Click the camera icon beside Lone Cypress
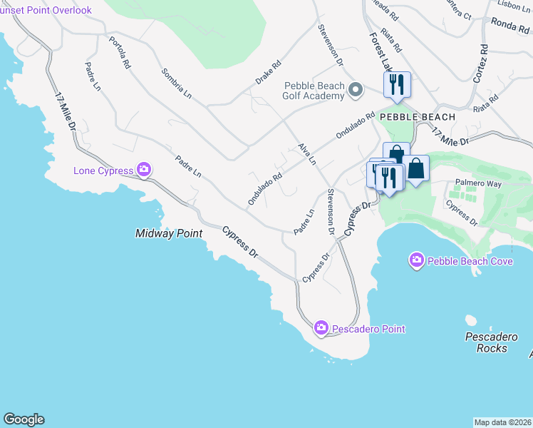pos(144,170)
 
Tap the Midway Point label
pos(169,233)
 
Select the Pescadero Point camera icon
pos(321,328)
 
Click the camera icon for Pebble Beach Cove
pos(416,261)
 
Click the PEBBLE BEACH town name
pos(418,116)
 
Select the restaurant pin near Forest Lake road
pos(395,85)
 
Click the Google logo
pos(24,419)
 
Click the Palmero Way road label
pos(473,183)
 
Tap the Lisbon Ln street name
pos(512,4)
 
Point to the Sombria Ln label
pos(176,83)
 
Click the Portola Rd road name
pos(120,51)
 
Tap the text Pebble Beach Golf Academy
pos(315,91)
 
